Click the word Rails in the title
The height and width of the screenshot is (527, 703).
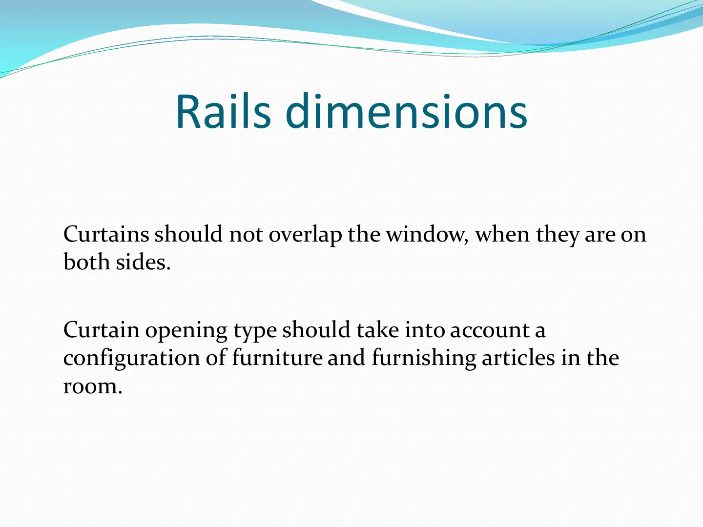coord(224,111)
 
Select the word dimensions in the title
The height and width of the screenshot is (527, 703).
coord(406,111)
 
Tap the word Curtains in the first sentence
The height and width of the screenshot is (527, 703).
coord(106,234)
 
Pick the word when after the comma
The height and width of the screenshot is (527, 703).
coord(502,234)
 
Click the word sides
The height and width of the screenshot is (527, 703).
coord(143,262)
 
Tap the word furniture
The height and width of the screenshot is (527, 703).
coord(277,358)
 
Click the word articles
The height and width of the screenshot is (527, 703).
coord(518,358)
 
